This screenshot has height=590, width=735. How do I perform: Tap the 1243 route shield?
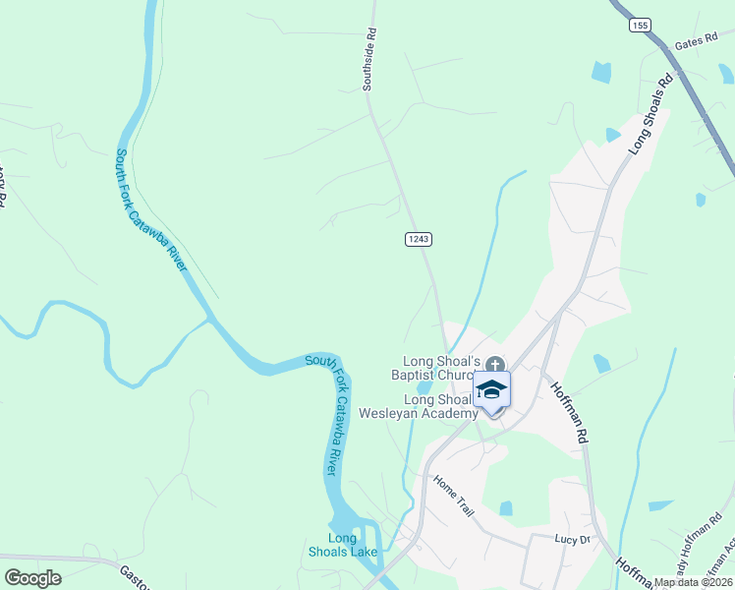coord(418,239)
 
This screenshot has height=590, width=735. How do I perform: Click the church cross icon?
coord(495,364)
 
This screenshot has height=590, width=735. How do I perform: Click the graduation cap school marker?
coord(492,390)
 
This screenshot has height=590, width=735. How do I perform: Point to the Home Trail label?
coord(455,496)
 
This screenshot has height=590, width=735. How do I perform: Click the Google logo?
coord(32,577)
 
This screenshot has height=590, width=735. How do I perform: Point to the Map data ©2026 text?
coord(694,582)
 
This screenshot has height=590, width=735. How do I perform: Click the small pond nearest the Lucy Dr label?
coord(506,508)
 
